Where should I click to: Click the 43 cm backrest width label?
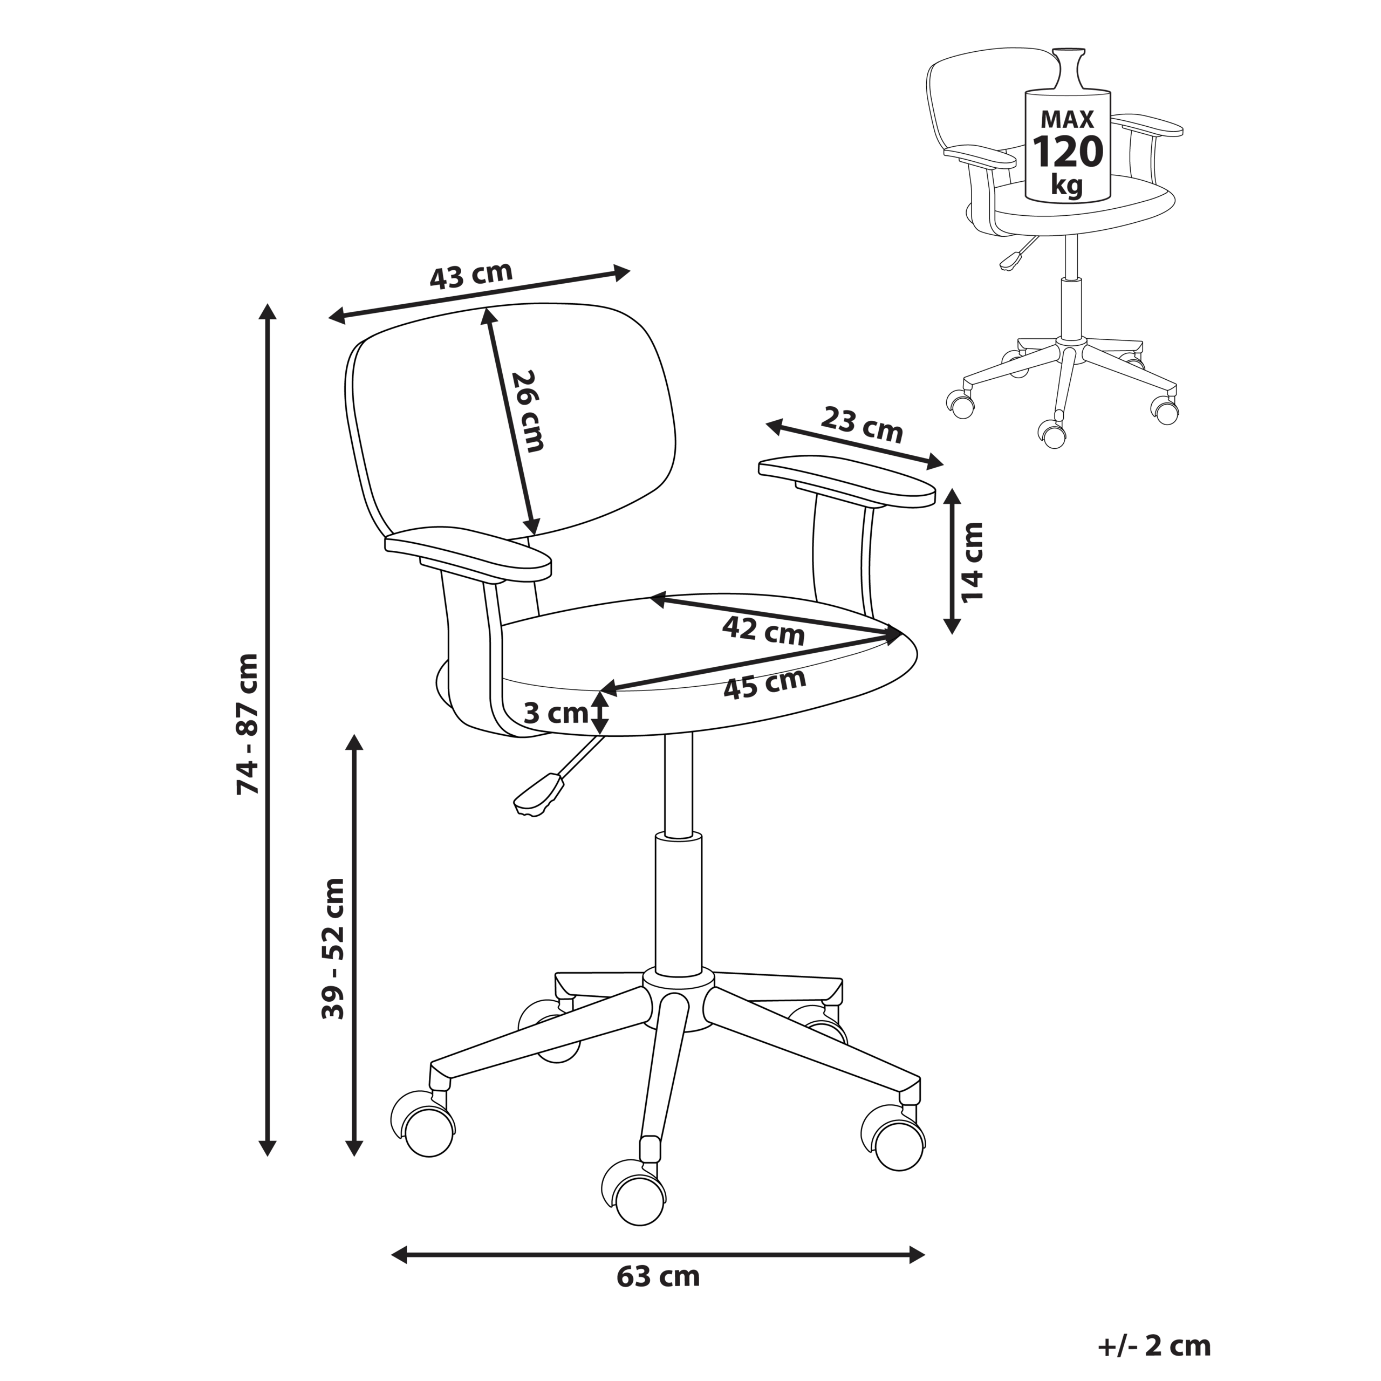click(471, 275)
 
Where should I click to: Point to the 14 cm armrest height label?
click(973, 563)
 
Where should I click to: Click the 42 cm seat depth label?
click(763, 631)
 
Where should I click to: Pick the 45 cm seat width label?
click(765, 685)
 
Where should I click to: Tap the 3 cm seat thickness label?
click(556, 713)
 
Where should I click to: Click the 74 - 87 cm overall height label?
click(248, 723)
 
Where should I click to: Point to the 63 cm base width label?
click(658, 1277)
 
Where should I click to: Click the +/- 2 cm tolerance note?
click(1154, 1345)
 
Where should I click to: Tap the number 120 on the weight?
click(1068, 152)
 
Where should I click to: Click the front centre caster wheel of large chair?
click(638, 1203)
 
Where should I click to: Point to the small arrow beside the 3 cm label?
click(600, 713)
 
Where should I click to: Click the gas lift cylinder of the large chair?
click(678, 908)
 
